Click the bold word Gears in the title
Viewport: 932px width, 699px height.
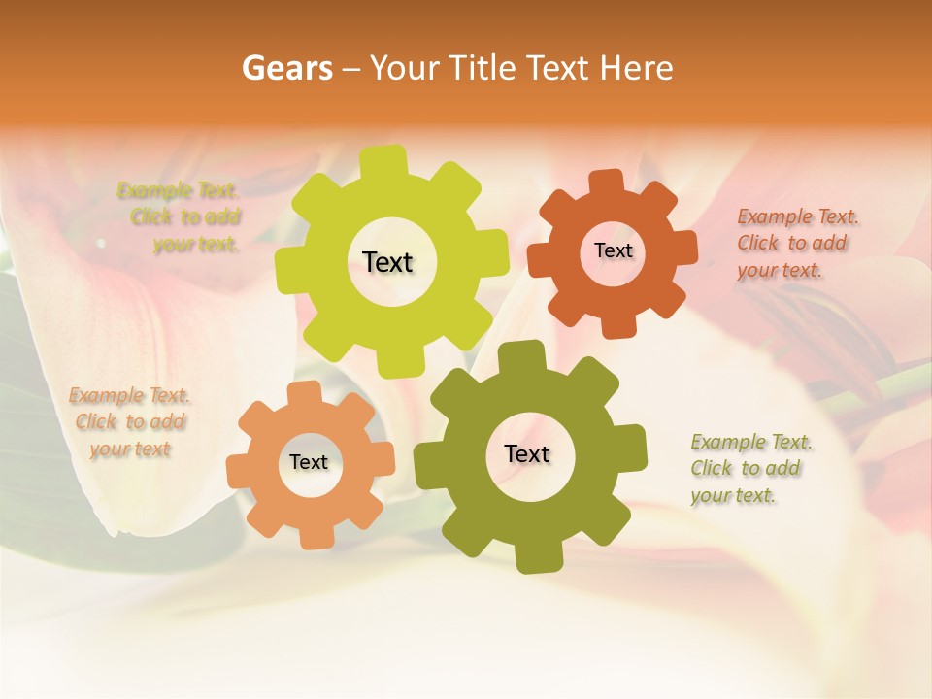(x=286, y=68)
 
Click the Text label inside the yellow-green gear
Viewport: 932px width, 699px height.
(x=387, y=262)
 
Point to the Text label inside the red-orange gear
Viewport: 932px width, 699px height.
(x=613, y=250)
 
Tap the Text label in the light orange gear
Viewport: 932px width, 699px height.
(x=309, y=462)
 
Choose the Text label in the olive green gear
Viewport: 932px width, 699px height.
(x=527, y=453)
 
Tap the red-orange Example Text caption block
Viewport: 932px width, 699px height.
(x=797, y=243)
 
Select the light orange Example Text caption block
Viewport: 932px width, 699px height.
(x=129, y=422)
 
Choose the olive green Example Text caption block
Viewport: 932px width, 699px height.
(x=750, y=469)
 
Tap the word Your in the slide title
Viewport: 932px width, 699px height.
(x=406, y=68)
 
